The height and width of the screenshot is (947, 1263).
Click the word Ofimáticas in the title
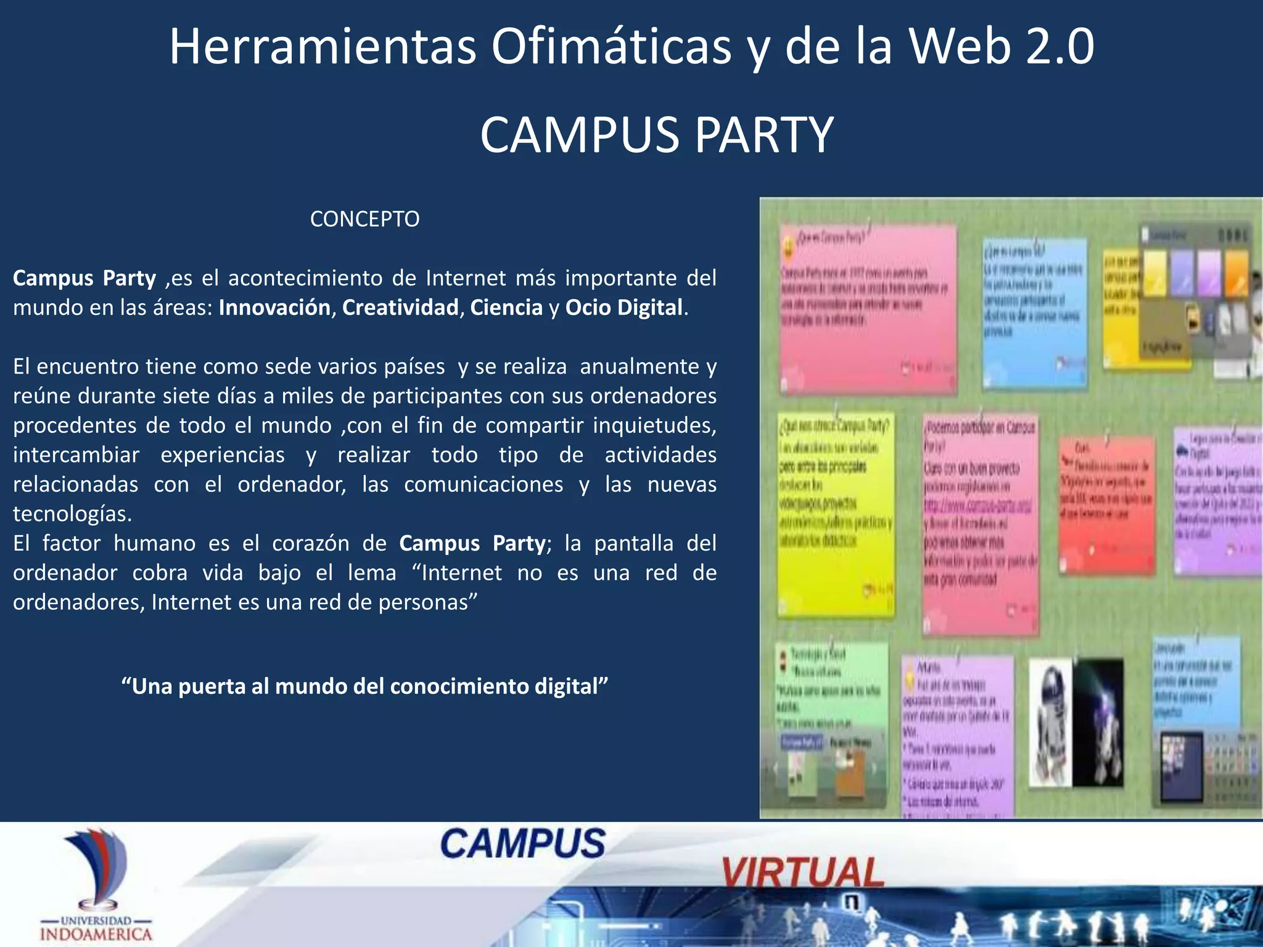611,47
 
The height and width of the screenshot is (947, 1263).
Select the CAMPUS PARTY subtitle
656,135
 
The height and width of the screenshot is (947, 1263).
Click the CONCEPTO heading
364,219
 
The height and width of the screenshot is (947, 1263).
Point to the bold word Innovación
274,307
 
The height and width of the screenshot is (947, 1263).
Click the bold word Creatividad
400,307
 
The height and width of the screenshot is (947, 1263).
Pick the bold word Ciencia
506,307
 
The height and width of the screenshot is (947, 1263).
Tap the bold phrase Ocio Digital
623,307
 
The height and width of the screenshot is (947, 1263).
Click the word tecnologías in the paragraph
72,514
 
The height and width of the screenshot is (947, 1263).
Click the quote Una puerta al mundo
364,686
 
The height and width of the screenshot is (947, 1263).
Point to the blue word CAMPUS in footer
523,843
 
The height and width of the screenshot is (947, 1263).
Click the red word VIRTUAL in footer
802,872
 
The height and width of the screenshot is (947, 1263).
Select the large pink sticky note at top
867,308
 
